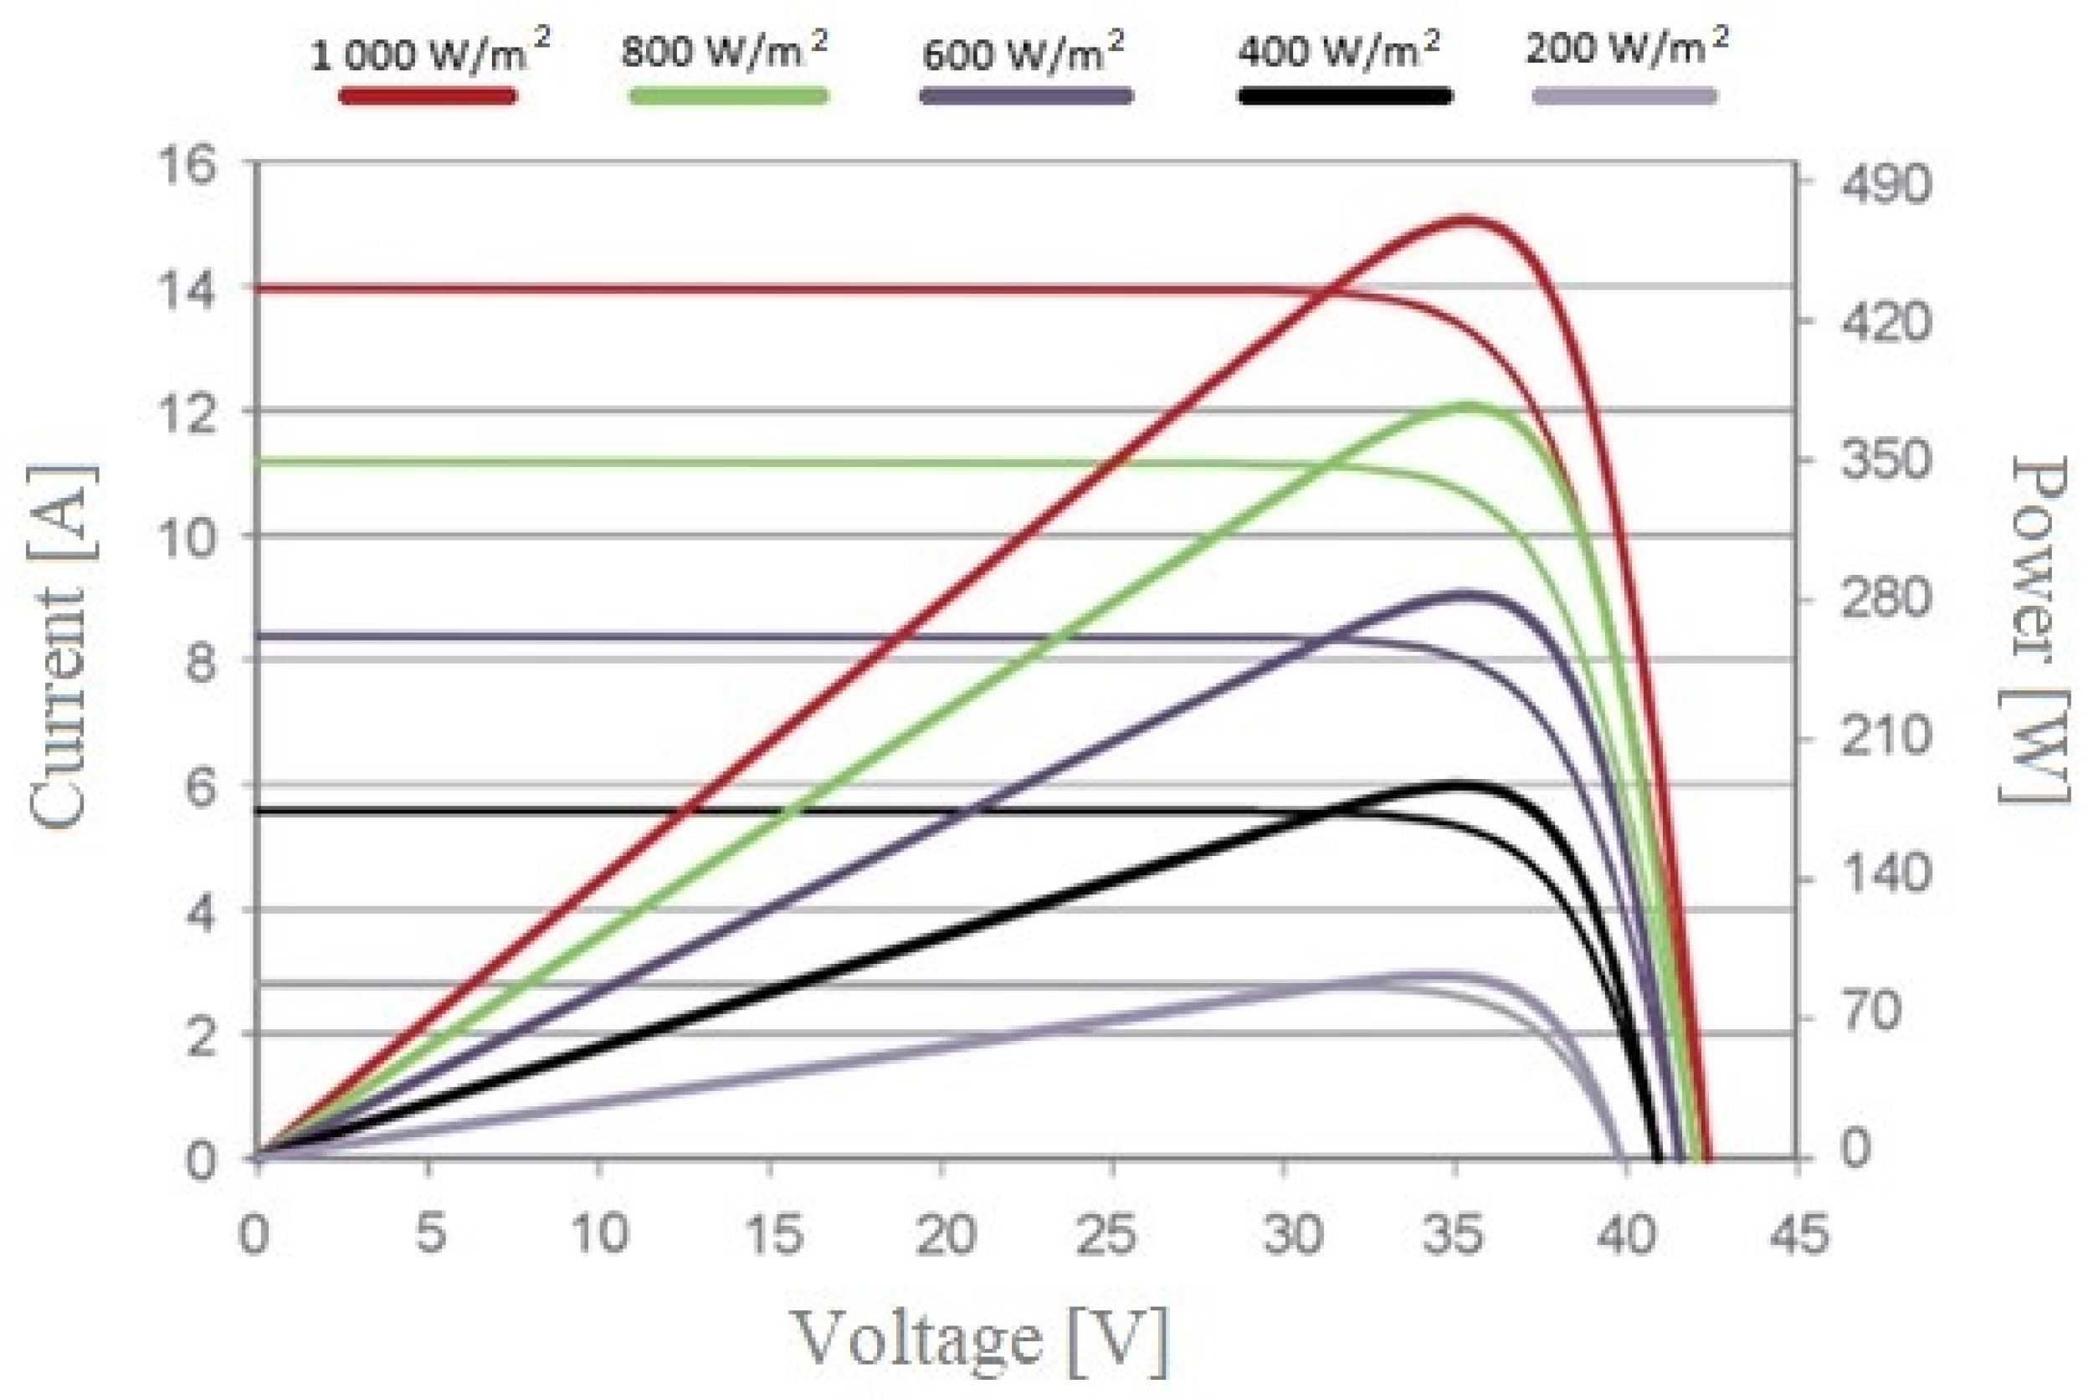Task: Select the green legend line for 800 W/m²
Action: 728,95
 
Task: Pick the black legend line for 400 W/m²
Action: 1344,95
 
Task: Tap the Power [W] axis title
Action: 2037,629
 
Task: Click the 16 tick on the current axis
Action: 187,166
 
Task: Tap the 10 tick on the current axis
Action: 187,538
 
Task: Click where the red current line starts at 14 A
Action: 261,288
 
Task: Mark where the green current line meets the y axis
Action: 261,461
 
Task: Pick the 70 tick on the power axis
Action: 1872,1012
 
